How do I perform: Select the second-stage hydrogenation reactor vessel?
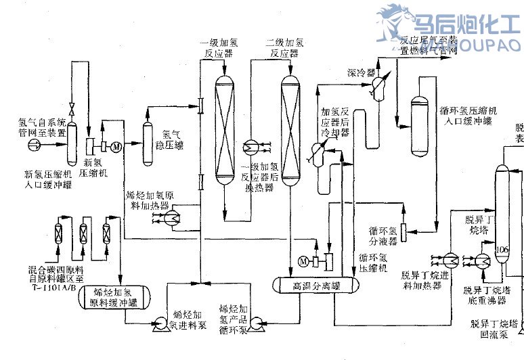290,129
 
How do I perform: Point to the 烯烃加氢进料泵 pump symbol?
162,323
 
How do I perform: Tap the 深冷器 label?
357,72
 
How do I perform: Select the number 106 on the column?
502,250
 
